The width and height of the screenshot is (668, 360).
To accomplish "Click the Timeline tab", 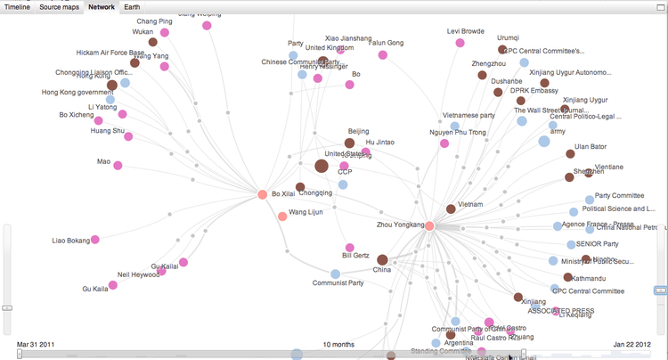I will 18,7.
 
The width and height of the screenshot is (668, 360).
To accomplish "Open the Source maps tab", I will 60,7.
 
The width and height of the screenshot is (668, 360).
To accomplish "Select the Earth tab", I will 132,7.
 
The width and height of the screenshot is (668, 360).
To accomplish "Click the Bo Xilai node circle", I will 263,194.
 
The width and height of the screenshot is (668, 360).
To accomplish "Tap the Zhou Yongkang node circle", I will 429,226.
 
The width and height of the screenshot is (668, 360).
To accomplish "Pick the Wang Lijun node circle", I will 282,217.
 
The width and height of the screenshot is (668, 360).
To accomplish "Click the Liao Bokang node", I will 95,240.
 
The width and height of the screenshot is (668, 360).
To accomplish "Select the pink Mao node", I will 118,165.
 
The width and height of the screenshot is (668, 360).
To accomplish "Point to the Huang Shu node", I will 129,136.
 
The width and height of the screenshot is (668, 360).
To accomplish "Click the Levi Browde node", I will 460,43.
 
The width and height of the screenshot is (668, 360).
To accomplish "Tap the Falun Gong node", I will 383,55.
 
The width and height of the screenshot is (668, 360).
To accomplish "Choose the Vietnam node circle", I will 452,209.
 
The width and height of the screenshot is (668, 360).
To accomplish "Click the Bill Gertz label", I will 354,256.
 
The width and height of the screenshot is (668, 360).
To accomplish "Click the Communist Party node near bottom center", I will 336,274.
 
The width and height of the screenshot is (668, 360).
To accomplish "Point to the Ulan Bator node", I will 570,154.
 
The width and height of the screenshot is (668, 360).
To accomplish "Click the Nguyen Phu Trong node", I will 444,143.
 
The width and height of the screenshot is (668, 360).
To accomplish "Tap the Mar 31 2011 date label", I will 36,344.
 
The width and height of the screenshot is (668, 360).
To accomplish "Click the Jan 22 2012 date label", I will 633,344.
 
